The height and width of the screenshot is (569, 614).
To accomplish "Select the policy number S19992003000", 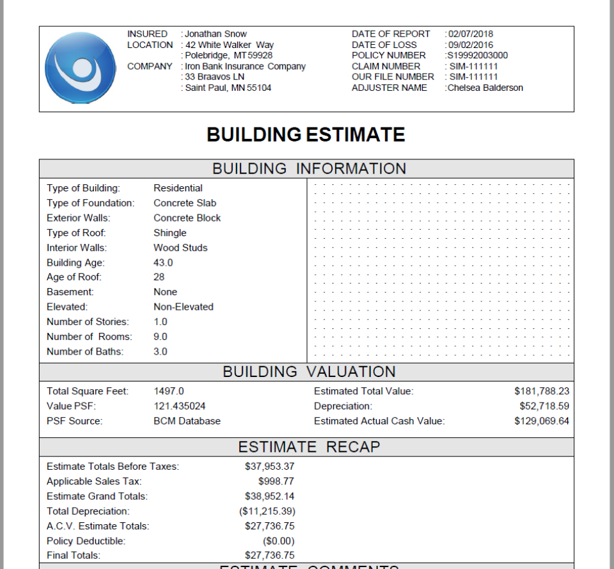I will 478,55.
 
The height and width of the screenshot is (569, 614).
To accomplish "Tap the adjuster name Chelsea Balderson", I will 485,88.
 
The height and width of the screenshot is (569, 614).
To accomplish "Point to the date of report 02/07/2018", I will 471,34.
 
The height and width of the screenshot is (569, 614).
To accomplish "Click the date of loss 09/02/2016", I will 471,45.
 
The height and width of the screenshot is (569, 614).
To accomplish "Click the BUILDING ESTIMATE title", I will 306,135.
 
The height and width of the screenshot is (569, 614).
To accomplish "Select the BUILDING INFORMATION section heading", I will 309,169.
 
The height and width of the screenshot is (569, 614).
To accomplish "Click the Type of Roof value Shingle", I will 170,233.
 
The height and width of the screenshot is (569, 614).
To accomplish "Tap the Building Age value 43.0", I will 163,262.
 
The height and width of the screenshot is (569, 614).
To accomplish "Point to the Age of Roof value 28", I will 159,277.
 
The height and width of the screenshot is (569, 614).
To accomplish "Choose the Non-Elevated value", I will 184,307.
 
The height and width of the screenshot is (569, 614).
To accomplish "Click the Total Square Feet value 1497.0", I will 169,391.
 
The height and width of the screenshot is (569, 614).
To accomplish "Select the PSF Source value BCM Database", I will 187,421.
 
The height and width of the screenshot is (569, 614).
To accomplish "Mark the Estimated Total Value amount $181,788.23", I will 541,391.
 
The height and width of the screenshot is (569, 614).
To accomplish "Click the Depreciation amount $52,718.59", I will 544,406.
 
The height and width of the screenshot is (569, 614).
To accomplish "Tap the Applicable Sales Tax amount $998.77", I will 276,481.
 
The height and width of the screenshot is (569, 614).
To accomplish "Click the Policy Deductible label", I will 86,541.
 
